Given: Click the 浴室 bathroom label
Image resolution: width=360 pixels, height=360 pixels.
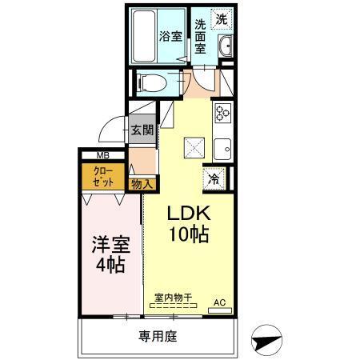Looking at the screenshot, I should pyautogui.click(x=170, y=37).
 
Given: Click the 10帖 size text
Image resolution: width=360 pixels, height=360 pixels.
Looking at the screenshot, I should pyautogui.click(x=189, y=235).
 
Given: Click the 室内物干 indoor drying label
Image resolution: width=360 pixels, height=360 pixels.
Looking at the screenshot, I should pyautogui.click(x=174, y=298).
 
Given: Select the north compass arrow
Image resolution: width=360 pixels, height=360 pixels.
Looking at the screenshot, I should pyautogui.click(x=265, y=341).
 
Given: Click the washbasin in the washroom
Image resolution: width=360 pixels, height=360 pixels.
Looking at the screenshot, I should pyautogui.click(x=225, y=46).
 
